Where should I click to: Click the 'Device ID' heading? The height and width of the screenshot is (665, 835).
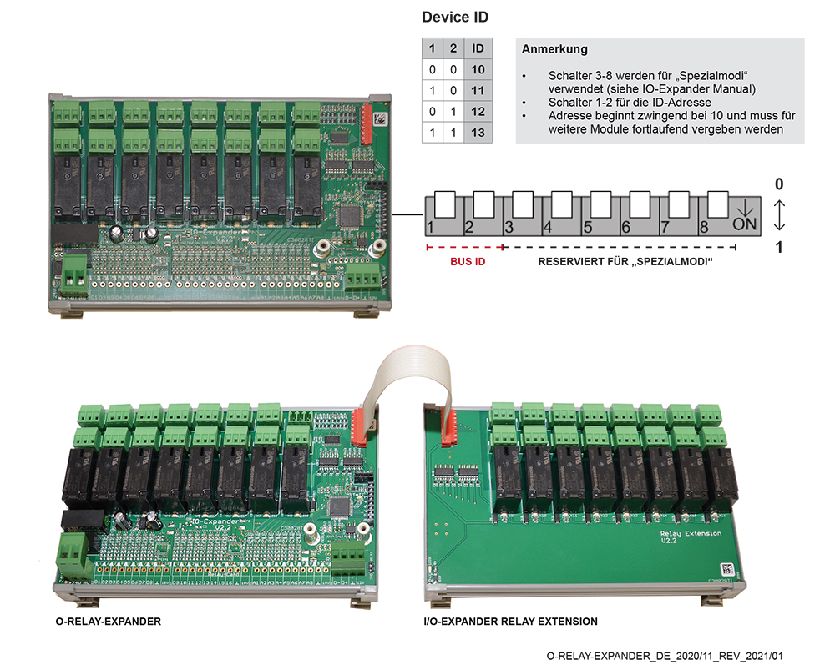455,17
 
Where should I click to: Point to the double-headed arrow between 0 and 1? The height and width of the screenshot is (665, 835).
779,214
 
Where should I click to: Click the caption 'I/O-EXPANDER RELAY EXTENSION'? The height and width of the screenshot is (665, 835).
511,621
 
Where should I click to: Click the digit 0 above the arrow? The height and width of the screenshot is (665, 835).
779,183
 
